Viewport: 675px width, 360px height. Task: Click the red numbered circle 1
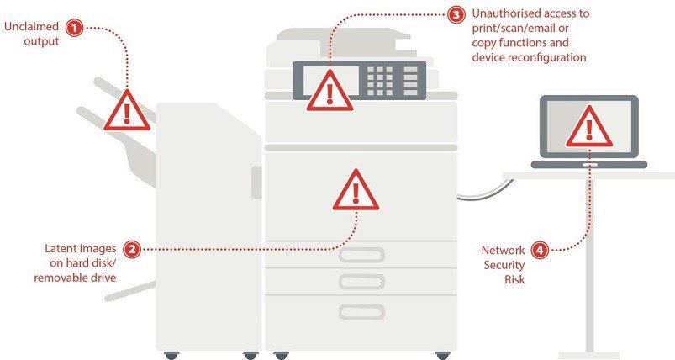coord(75,29)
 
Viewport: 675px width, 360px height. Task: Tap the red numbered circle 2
coord(132,249)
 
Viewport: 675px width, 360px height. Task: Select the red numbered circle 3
coord(456,15)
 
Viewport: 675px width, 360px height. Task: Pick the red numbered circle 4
coord(541,250)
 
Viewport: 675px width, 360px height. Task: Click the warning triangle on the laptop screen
coord(589,127)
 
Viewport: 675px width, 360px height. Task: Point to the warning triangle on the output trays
coord(126,110)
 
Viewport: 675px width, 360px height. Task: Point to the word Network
coord(503,251)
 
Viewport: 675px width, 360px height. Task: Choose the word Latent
coord(61,249)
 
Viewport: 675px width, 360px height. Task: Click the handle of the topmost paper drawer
coord(361,254)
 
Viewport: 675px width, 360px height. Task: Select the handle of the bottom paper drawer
coord(361,311)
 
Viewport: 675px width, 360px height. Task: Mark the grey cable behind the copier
coord(475,196)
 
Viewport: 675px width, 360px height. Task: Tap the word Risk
coord(514,279)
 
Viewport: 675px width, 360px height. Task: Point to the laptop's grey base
coord(588,165)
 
